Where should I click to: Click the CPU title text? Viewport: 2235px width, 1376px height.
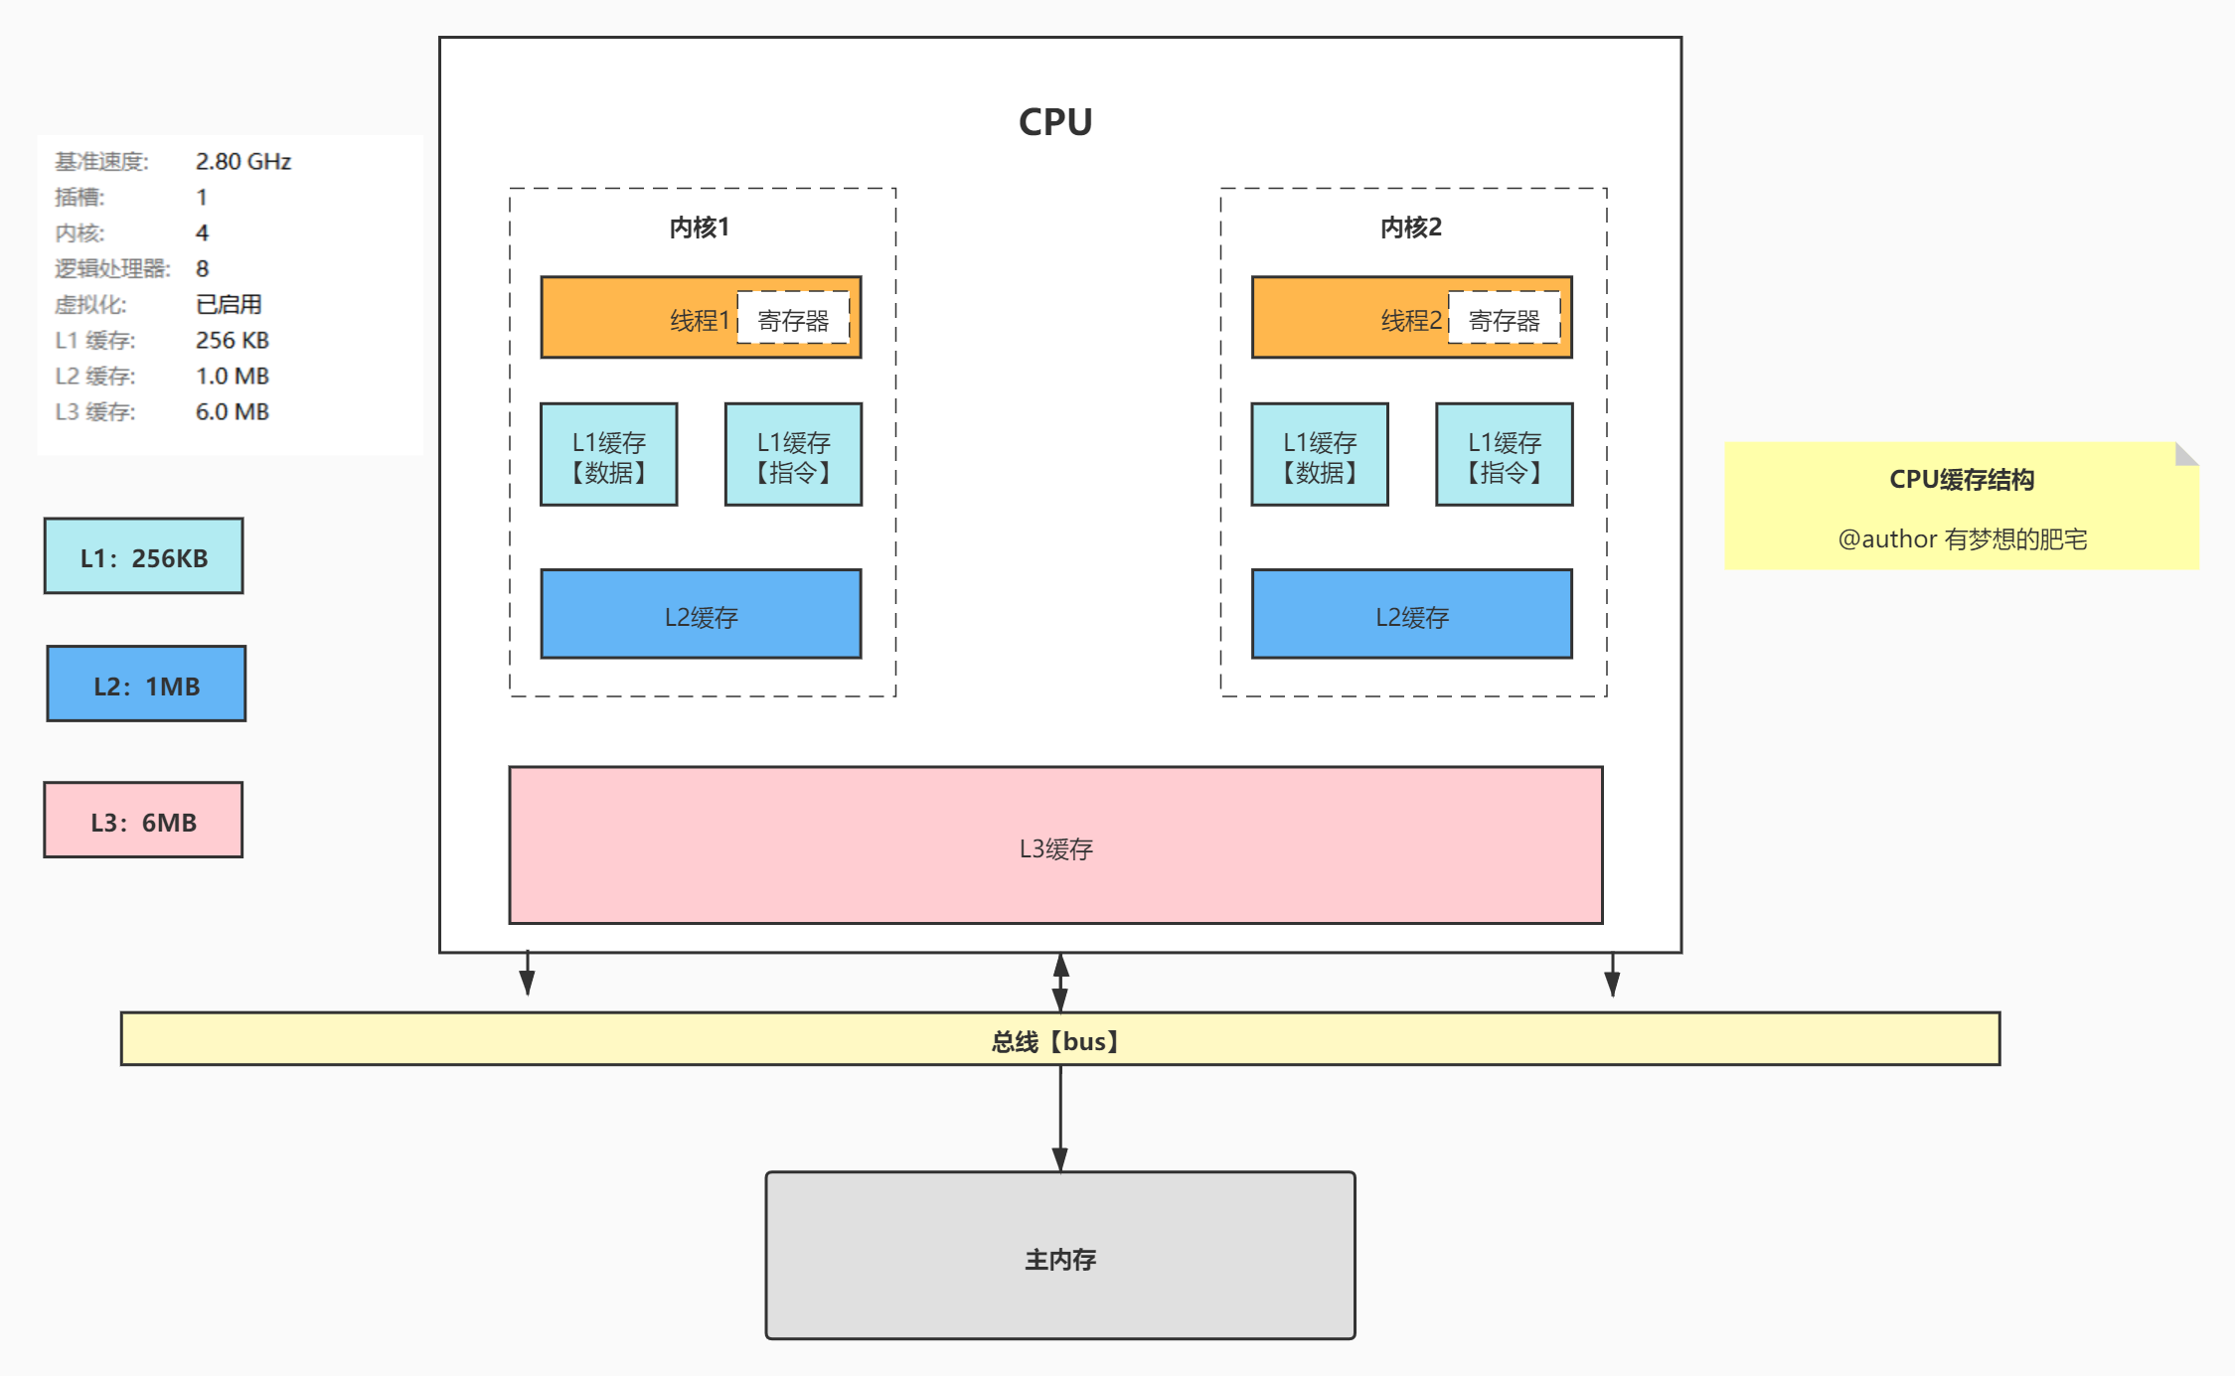click(x=1055, y=122)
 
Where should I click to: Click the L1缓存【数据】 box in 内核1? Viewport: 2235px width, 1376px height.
click(x=609, y=456)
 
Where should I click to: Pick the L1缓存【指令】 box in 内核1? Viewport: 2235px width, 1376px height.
click(x=793, y=456)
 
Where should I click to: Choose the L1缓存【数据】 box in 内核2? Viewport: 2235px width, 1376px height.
click(x=1320, y=456)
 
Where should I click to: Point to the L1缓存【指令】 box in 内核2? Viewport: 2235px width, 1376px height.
click(x=1504, y=456)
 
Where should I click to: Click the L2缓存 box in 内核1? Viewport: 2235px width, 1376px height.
click(x=701, y=615)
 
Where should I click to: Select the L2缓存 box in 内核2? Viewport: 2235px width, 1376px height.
click(x=1411, y=615)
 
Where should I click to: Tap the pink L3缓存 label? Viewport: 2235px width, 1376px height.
click(x=1055, y=848)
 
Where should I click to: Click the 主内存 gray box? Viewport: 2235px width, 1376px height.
click(x=1060, y=1257)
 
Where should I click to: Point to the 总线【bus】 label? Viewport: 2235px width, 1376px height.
click(x=1055, y=1041)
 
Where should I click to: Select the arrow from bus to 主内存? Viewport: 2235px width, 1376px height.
click(x=1060, y=1118)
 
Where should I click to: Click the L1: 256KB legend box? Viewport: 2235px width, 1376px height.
click(x=144, y=557)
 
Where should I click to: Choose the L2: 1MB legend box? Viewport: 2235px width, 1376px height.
click(x=146, y=685)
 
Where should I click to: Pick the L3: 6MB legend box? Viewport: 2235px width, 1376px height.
click(x=143, y=821)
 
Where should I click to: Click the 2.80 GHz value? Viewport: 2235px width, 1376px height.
click(x=243, y=161)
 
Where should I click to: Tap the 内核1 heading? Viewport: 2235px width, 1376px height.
click(x=700, y=228)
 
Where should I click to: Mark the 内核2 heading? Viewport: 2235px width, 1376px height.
click(x=1411, y=228)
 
